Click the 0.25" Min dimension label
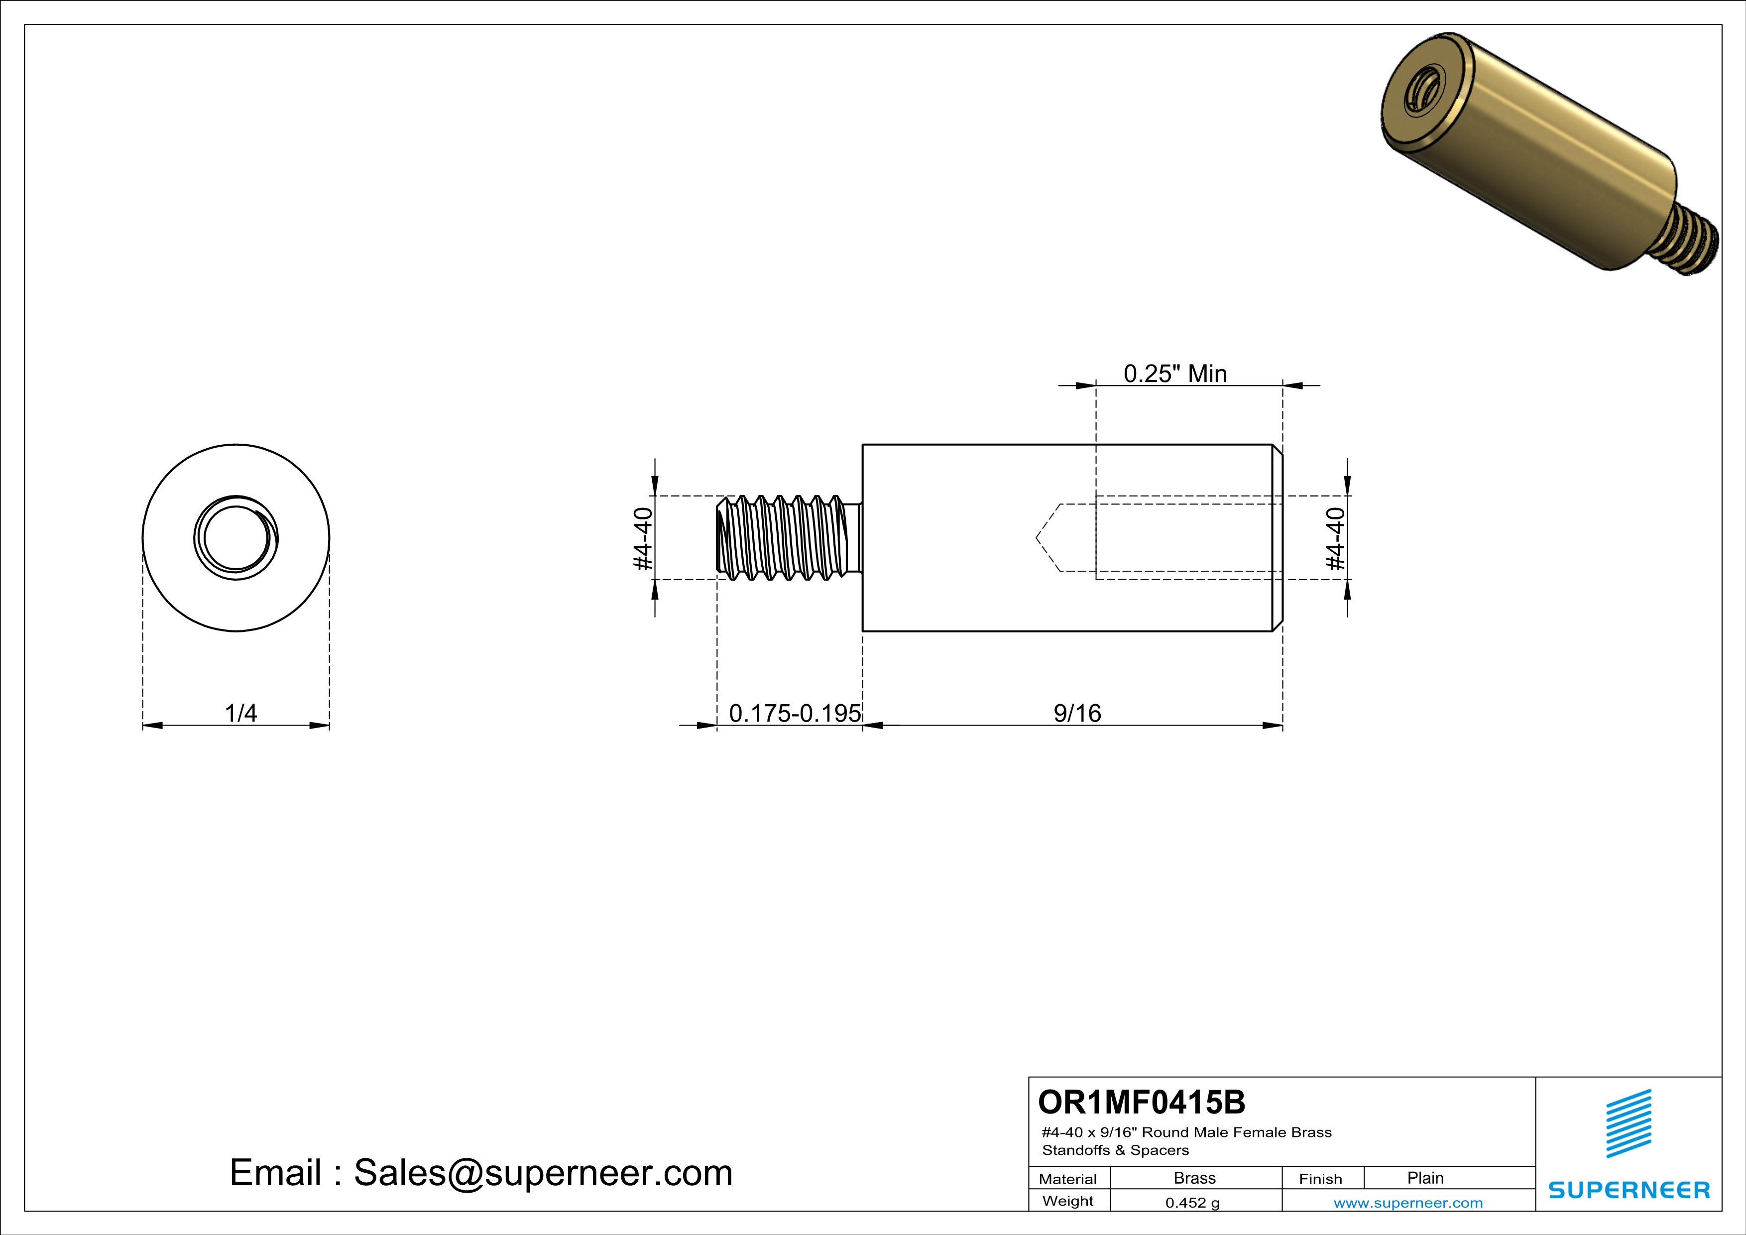click(x=1175, y=373)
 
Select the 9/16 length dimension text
click(x=1077, y=713)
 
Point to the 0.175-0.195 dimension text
click(x=795, y=713)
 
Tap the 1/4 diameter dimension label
click(x=240, y=713)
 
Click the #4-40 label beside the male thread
click(x=643, y=538)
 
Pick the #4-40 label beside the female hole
click(x=1335, y=538)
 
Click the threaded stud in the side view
click(x=783, y=538)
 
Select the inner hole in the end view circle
click(x=236, y=538)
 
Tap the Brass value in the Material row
click(x=1195, y=1178)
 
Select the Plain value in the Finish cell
click(x=1425, y=1178)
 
